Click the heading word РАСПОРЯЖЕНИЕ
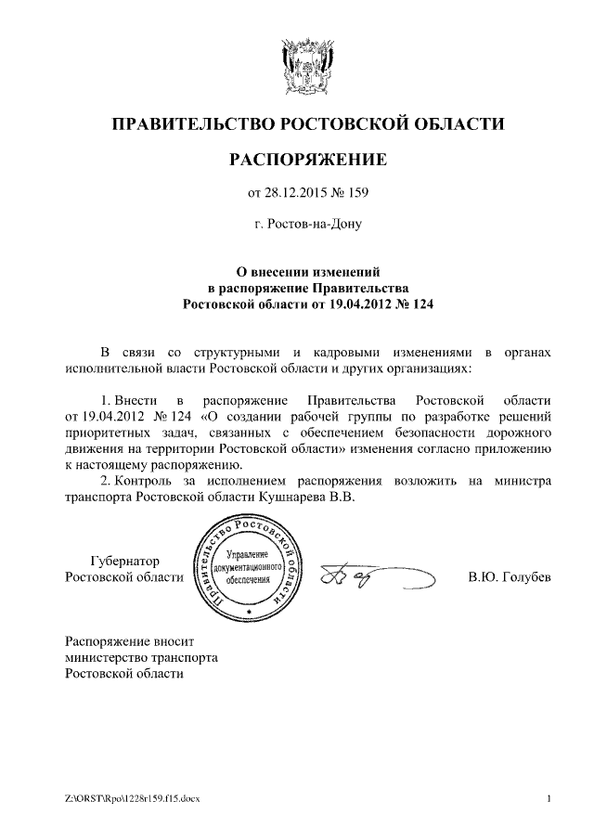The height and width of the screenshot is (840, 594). point(307,159)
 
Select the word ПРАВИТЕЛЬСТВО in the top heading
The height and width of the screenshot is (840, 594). point(189,123)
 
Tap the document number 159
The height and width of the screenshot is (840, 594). point(356,193)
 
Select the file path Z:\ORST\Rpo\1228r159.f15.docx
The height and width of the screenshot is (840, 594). point(139,799)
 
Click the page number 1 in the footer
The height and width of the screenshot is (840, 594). point(549,799)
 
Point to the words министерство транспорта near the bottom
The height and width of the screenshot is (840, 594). point(141,657)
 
